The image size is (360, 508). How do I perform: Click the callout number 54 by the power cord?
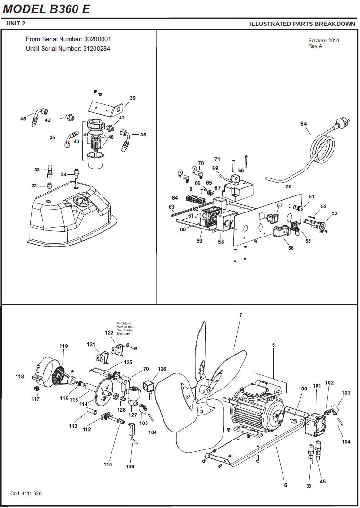click(304, 124)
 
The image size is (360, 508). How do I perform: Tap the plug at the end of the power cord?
click(343, 122)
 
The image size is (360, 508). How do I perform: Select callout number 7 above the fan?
click(240, 315)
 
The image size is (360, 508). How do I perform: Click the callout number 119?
click(64, 346)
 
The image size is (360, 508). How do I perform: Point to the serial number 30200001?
click(97, 39)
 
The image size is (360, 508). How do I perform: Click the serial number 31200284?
click(97, 49)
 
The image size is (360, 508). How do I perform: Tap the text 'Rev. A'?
click(315, 46)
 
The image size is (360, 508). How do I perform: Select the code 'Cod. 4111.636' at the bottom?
click(26, 494)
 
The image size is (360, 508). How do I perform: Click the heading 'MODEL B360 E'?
click(46, 9)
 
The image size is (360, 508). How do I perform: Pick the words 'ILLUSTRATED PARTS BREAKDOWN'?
click(302, 24)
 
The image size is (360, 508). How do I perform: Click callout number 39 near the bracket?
click(133, 98)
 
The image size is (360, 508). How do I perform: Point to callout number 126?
click(162, 369)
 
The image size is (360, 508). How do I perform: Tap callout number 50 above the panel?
click(289, 186)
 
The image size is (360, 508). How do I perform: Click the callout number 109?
click(130, 466)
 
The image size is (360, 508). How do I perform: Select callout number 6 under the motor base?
click(286, 485)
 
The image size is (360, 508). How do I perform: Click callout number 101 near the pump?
click(317, 386)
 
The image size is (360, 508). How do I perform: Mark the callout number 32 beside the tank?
click(34, 186)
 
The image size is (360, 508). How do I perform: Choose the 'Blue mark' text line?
click(123, 334)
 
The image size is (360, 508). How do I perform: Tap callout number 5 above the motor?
click(274, 345)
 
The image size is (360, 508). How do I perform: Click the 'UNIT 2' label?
click(16, 23)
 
